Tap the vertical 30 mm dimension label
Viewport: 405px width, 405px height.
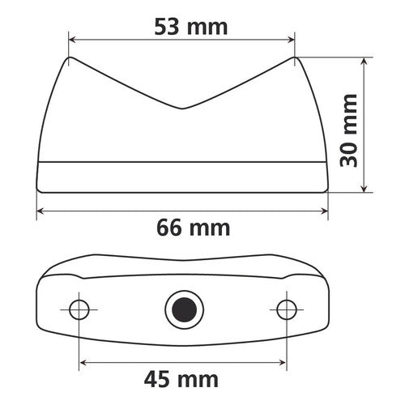click(x=349, y=128)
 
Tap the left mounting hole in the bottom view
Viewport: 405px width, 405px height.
click(x=79, y=309)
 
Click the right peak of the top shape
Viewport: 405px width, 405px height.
click(x=296, y=58)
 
